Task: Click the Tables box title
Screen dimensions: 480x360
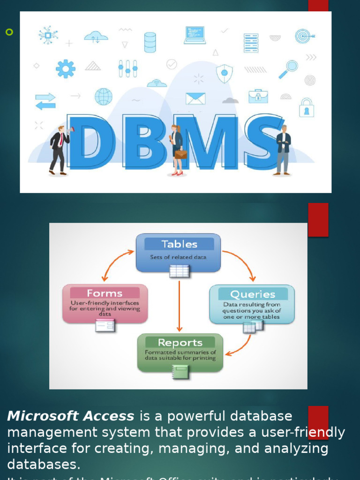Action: point(179,244)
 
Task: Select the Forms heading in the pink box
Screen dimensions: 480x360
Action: point(105,293)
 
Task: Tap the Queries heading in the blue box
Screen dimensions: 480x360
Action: point(252,294)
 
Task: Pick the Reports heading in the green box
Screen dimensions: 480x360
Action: point(180,343)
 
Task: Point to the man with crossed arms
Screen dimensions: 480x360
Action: point(283,150)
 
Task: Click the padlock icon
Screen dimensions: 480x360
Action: point(307,107)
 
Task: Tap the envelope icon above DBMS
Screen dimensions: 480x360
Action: point(195,98)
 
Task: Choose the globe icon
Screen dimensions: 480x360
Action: point(104,97)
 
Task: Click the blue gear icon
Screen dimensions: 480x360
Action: point(66,68)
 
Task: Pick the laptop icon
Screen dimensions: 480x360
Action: point(195,35)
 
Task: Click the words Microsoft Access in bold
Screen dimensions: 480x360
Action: point(71,416)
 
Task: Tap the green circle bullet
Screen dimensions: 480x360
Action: point(9,32)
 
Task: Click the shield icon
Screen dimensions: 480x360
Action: point(224,73)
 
